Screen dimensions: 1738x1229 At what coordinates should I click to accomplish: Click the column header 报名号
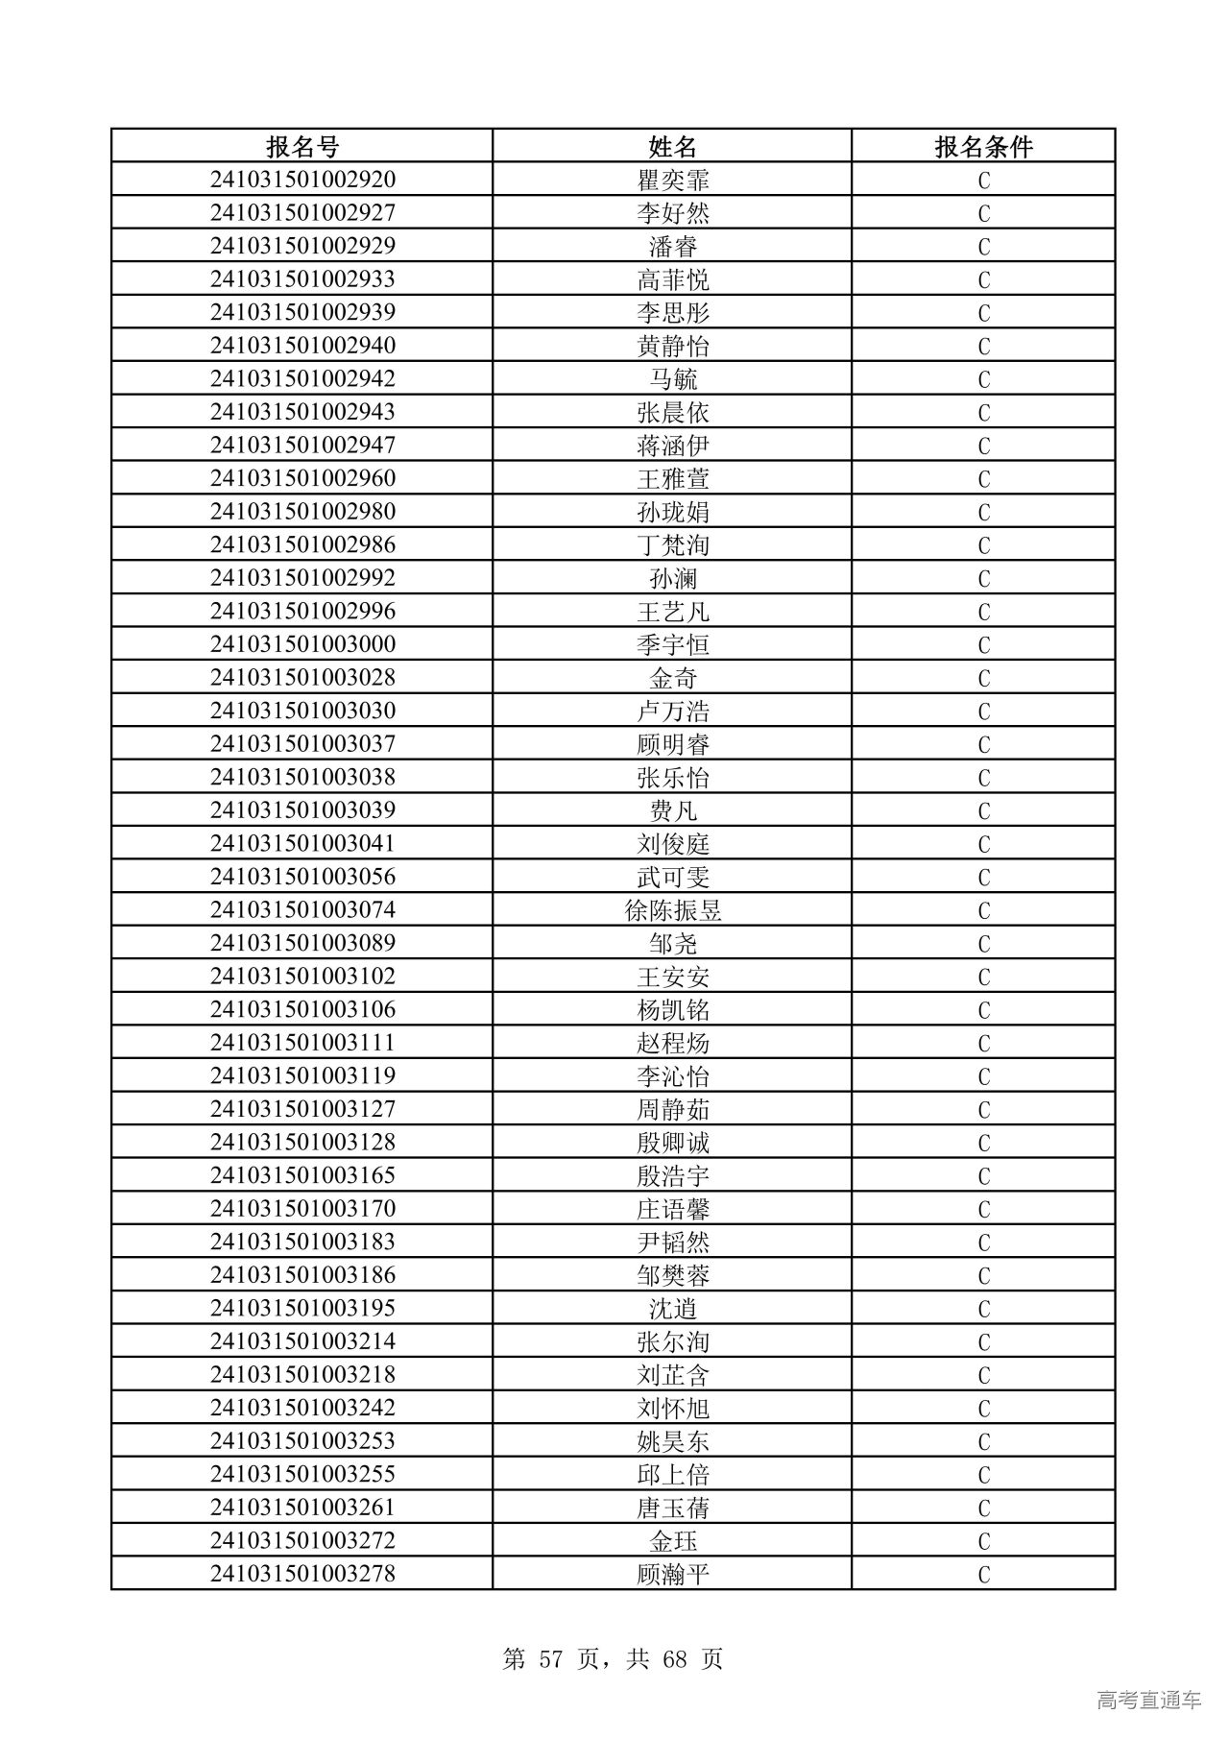(302, 146)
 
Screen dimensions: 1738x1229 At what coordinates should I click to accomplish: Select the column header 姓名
(672, 146)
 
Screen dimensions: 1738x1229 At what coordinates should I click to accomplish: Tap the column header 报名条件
(983, 146)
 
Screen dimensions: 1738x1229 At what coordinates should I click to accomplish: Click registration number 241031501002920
(302, 180)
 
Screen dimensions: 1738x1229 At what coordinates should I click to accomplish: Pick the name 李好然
(672, 213)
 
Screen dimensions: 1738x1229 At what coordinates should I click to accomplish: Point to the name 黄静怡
(672, 346)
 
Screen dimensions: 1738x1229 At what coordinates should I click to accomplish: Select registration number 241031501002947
(302, 446)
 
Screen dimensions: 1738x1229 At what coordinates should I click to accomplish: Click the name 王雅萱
(672, 479)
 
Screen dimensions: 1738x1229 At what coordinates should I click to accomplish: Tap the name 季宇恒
(672, 644)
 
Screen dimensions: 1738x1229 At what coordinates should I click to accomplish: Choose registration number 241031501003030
(302, 711)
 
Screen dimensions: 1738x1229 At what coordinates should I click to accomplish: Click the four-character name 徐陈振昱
(672, 910)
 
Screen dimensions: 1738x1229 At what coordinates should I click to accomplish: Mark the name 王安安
(672, 977)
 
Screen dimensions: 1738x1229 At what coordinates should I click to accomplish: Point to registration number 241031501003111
(302, 1043)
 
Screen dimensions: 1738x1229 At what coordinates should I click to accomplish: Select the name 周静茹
(672, 1109)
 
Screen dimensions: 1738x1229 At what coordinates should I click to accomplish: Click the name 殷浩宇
(672, 1175)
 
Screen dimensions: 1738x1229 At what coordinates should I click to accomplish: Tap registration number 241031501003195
(302, 1308)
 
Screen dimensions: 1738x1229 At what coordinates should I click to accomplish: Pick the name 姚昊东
(672, 1441)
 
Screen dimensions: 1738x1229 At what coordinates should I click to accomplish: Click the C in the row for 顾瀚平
(983, 1575)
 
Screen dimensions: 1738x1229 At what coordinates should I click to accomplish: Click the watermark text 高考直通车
(1148, 1701)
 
